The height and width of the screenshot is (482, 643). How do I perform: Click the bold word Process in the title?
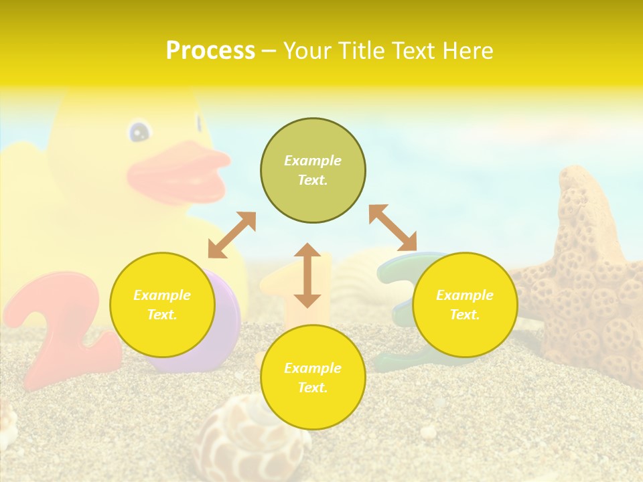pyautogui.click(x=210, y=51)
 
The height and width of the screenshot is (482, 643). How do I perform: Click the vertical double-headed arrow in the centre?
pyautogui.click(x=307, y=276)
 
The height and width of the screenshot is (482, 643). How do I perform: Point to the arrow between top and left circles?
pyautogui.click(x=232, y=235)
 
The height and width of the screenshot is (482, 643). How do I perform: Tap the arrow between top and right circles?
pyautogui.click(x=392, y=228)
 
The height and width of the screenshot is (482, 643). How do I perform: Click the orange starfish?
pyautogui.click(x=583, y=281)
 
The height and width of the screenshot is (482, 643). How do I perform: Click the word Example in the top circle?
pyautogui.click(x=313, y=161)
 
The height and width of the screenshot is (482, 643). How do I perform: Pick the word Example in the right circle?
pyautogui.click(x=465, y=295)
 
